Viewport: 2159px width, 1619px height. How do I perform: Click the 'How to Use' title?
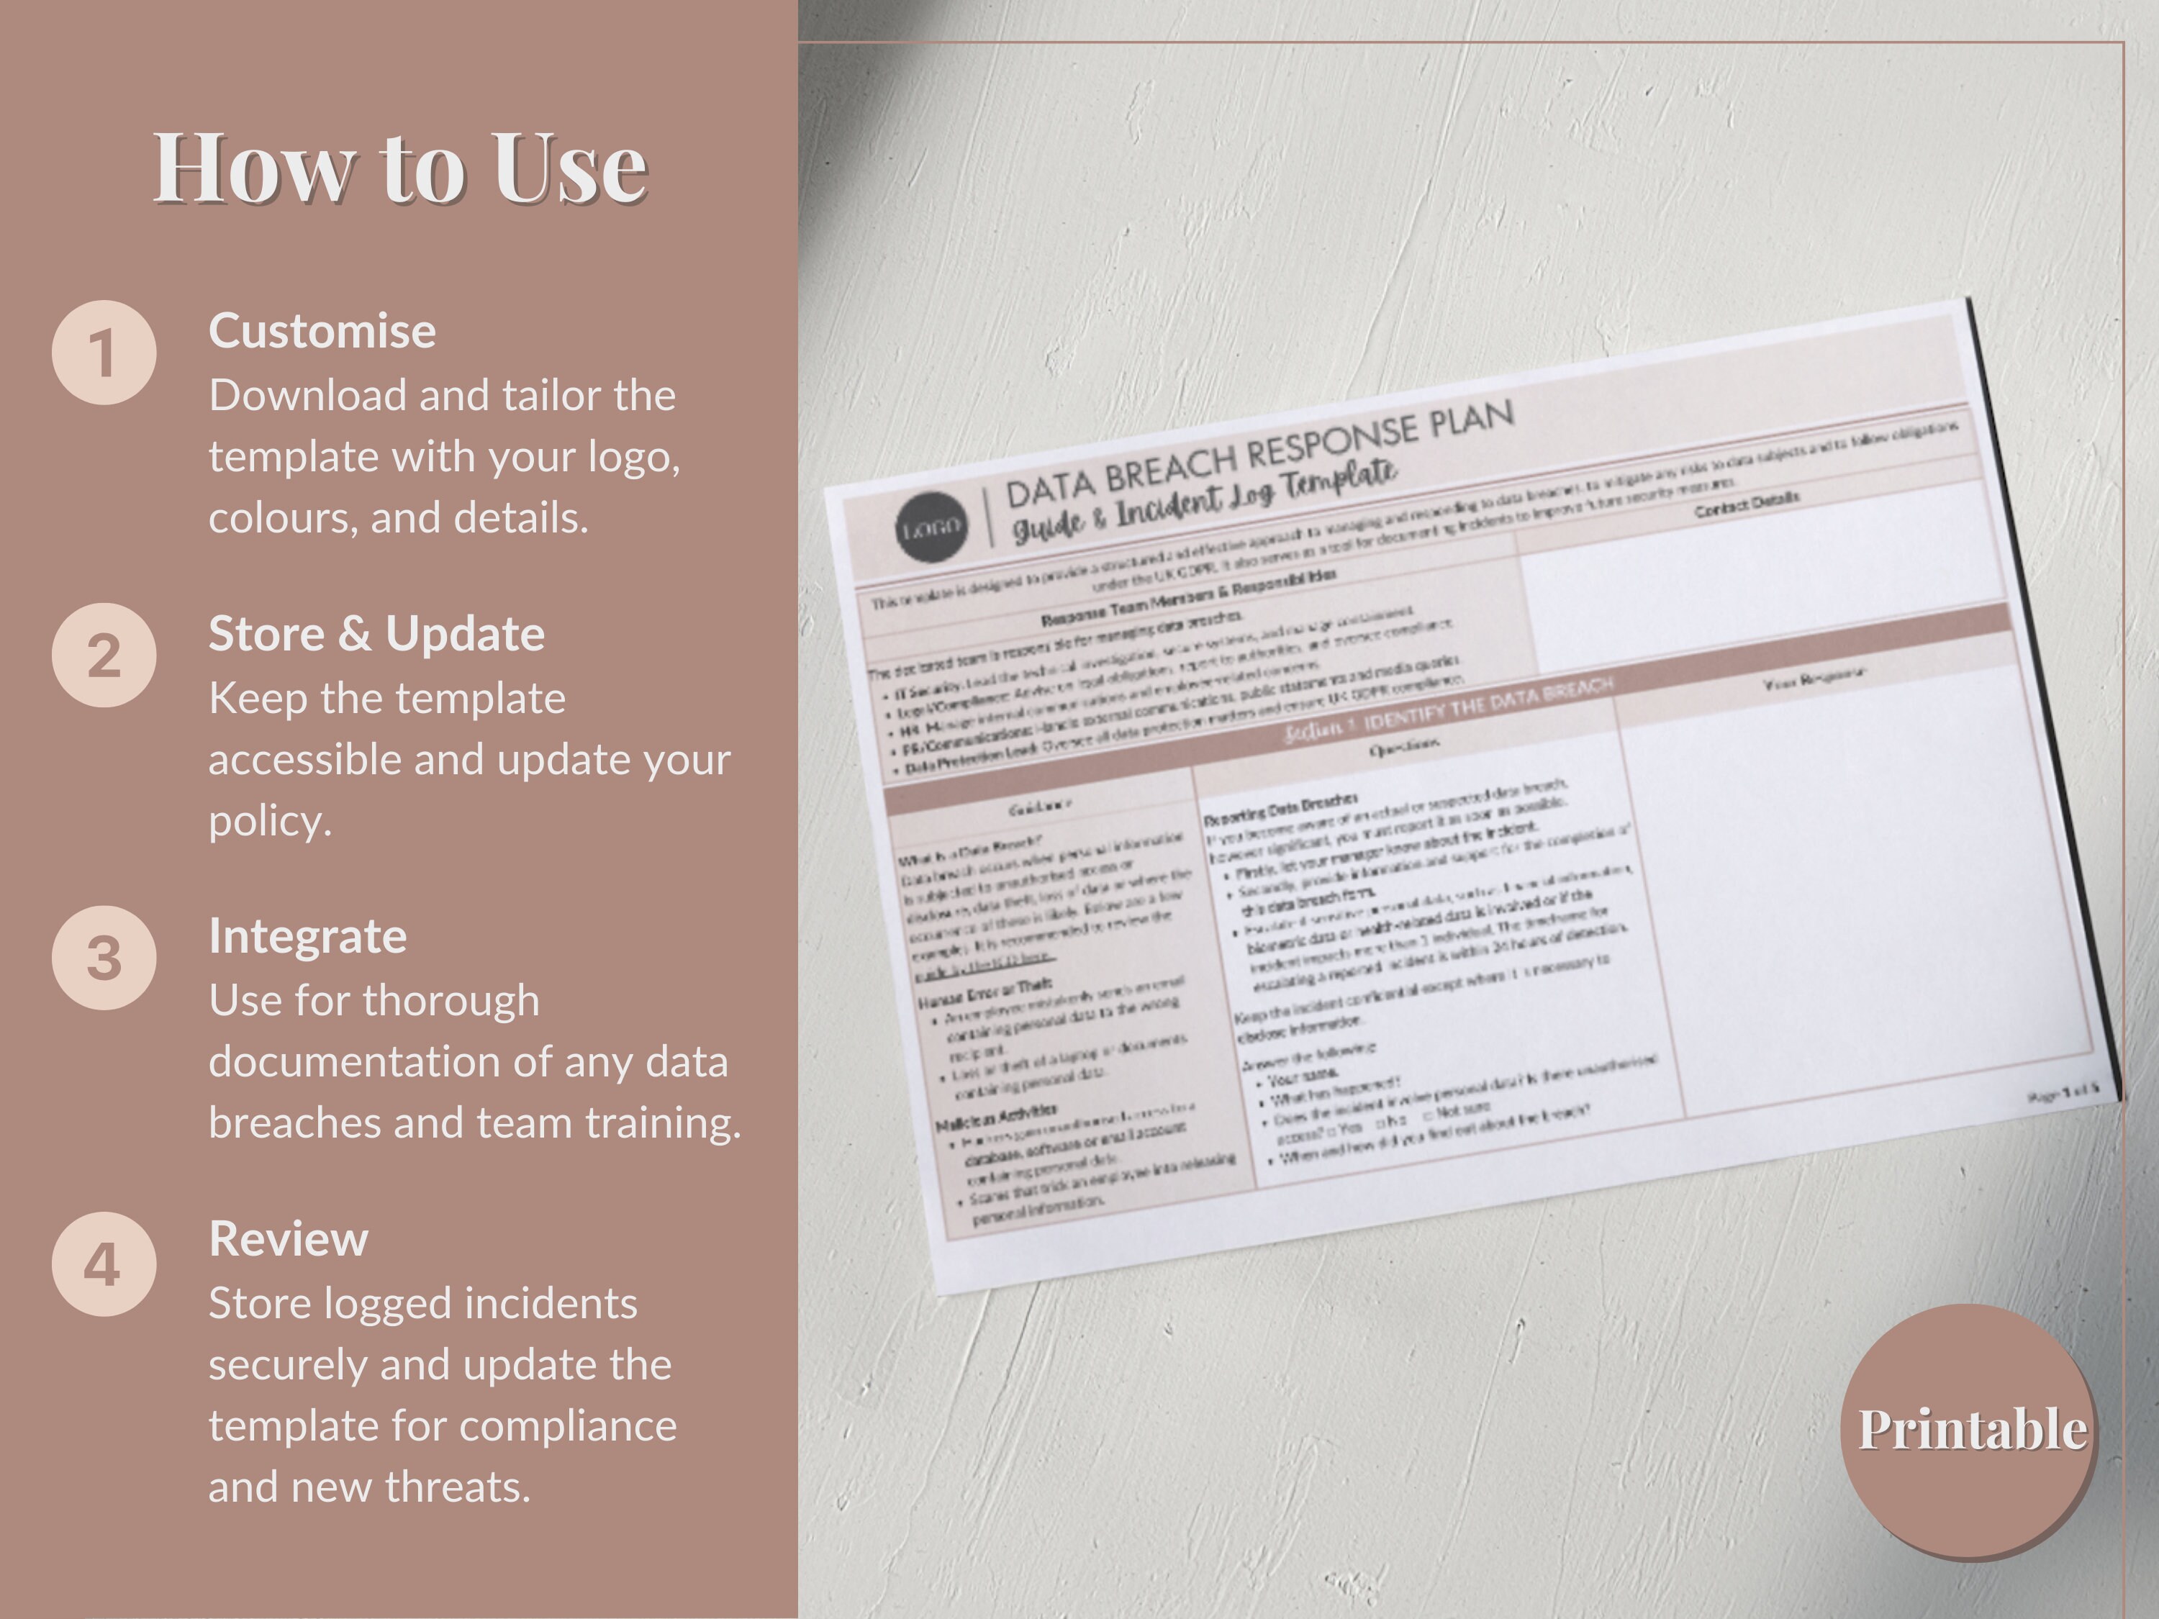(x=400, y=168)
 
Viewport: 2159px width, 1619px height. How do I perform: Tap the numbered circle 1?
(x=104, y=353)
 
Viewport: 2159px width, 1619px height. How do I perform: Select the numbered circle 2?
(x=104, y=655)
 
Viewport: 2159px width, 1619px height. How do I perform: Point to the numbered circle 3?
(x=104, y=957)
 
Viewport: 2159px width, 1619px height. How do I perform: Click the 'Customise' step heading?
(x=322, y=331)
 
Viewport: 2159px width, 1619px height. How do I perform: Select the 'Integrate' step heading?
(x=307, y=936)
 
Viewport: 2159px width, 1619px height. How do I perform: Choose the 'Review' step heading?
(x=288, y=1238)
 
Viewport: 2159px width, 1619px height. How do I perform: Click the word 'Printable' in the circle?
(x=1972, y=1430)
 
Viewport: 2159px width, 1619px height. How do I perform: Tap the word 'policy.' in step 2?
(x=271, y=821)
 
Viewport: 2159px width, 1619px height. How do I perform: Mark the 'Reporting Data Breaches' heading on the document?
(x=1280, y=809)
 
